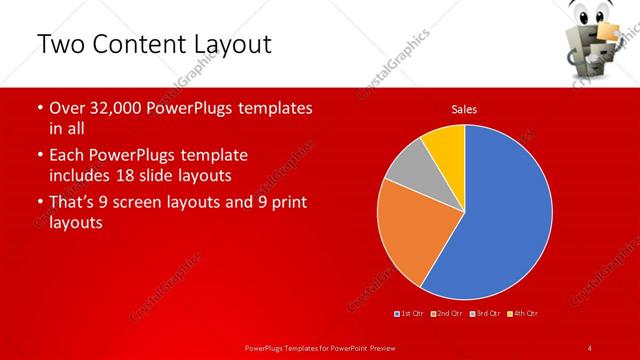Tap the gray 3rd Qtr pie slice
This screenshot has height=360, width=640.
pos(408,168)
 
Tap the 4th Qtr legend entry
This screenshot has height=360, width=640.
pos(523,314)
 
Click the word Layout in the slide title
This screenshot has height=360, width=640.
pos(231,45)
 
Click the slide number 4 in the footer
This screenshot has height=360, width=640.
pos(590,347)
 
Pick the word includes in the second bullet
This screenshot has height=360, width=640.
pos(82,176)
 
